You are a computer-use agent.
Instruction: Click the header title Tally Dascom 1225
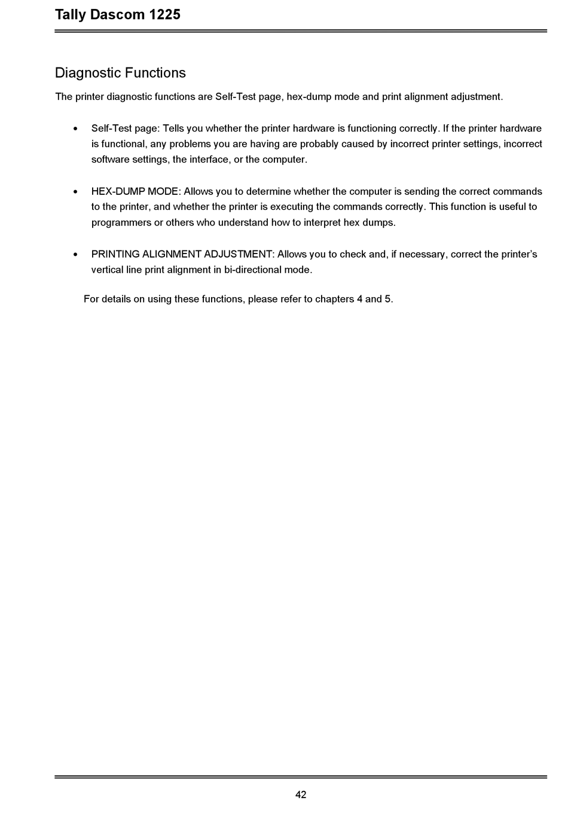(117, 14)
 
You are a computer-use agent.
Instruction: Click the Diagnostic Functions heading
(120, 73)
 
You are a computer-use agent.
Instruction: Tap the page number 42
(301, 794)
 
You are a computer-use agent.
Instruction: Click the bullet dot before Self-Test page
(75, 129)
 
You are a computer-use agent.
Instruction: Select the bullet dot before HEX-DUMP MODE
(75, 192)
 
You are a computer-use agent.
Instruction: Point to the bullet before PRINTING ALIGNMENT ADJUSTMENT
(75, 255)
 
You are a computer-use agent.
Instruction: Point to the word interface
(209, 160)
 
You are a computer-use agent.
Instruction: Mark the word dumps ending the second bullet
(378, 222)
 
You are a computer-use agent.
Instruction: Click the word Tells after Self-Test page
(173, 129)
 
